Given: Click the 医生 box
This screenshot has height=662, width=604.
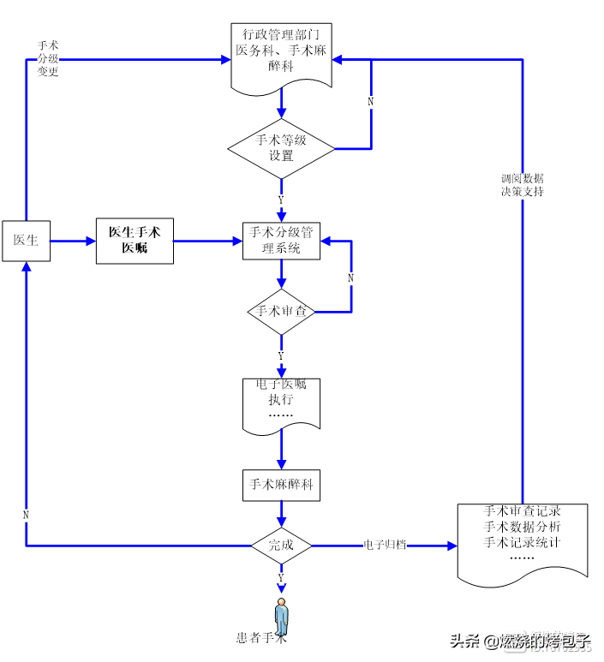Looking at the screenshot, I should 26,241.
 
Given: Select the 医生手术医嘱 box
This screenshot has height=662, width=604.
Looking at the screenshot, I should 135,241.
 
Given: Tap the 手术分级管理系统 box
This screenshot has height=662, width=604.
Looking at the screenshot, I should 281,241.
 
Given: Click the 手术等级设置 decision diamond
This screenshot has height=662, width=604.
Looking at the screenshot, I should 281,148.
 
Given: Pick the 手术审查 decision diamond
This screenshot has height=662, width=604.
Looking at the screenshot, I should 281,312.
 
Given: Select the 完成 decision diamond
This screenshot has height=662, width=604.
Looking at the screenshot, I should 281,545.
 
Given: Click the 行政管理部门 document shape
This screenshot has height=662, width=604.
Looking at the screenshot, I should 281,54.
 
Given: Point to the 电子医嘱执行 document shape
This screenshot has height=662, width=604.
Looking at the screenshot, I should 281,401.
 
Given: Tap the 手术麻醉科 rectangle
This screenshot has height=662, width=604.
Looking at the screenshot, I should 281,485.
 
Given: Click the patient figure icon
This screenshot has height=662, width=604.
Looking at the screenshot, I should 281,615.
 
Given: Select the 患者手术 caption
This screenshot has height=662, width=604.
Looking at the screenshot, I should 260,638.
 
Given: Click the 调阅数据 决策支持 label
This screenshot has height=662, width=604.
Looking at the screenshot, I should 522,185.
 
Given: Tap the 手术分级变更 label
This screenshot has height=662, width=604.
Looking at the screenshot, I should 48,57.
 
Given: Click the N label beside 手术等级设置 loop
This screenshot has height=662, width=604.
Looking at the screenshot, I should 370,101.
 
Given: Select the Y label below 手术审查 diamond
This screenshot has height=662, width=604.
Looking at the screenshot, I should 281,355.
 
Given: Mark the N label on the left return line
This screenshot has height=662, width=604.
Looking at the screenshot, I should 26,515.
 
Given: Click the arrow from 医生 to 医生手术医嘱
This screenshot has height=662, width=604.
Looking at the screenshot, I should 73,242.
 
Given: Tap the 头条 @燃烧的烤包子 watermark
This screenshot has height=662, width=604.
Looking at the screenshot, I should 519,641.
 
